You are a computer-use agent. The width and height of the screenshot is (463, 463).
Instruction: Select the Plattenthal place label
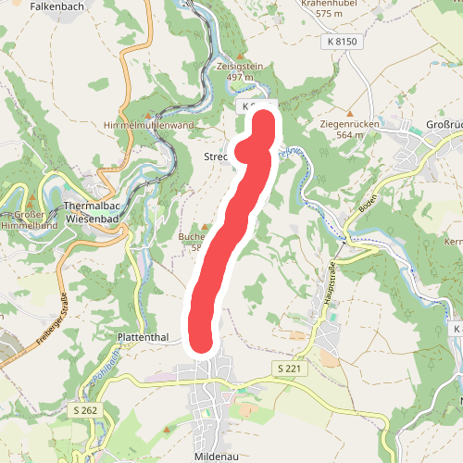(x=143, y=338)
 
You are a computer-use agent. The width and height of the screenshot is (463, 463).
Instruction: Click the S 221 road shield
(x=290, y=369)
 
